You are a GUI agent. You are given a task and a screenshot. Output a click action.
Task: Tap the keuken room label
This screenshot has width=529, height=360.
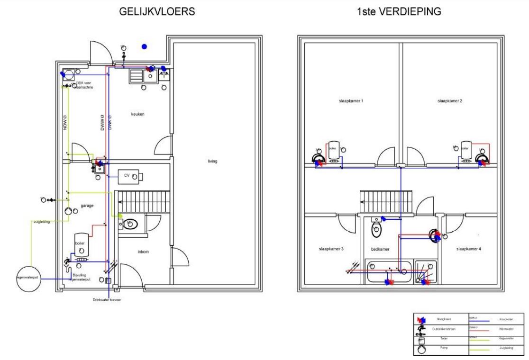138,114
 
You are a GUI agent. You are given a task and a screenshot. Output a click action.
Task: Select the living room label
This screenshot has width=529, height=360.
212,162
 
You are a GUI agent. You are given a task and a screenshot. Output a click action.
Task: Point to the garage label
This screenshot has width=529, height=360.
87,206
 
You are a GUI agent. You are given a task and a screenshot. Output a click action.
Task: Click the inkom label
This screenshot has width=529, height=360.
143,252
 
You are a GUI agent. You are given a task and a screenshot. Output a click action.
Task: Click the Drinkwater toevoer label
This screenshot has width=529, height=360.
107,300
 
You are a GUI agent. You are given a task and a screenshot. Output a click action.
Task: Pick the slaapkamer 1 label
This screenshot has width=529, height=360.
351,101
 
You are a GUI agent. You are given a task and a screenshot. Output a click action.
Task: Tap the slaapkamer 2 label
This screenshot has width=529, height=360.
450,101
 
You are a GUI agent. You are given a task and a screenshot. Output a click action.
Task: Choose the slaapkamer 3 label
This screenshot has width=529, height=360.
331,249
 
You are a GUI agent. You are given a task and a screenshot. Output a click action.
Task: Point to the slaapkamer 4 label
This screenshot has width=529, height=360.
469,249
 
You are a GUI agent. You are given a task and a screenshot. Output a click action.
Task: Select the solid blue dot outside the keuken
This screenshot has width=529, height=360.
144,46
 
